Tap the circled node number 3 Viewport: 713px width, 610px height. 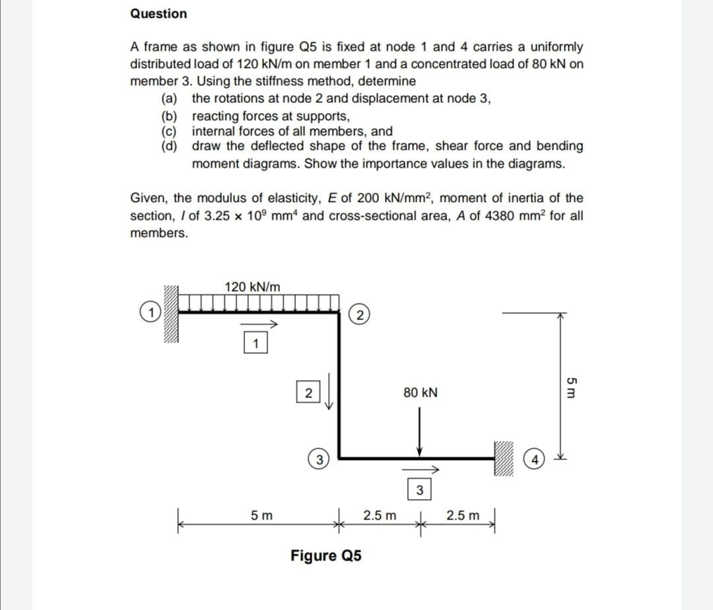pyautogui.click(x=318, y=459)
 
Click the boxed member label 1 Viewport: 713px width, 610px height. pyautogui.click(x=257, y=343)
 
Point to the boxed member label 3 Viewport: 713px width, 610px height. pyautogui.click(x=419, y=490)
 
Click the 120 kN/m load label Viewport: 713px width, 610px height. pyautogui.click(x=252, y=287)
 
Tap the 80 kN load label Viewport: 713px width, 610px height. pyautogui.click(x=420, y=393)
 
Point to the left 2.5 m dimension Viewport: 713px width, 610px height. pyautogui.click(x=380, y=515)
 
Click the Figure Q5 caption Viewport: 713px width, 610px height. pyautogui.click(x=326, y=556)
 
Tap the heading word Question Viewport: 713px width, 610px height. pyautogui.click(x=158, y=14)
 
